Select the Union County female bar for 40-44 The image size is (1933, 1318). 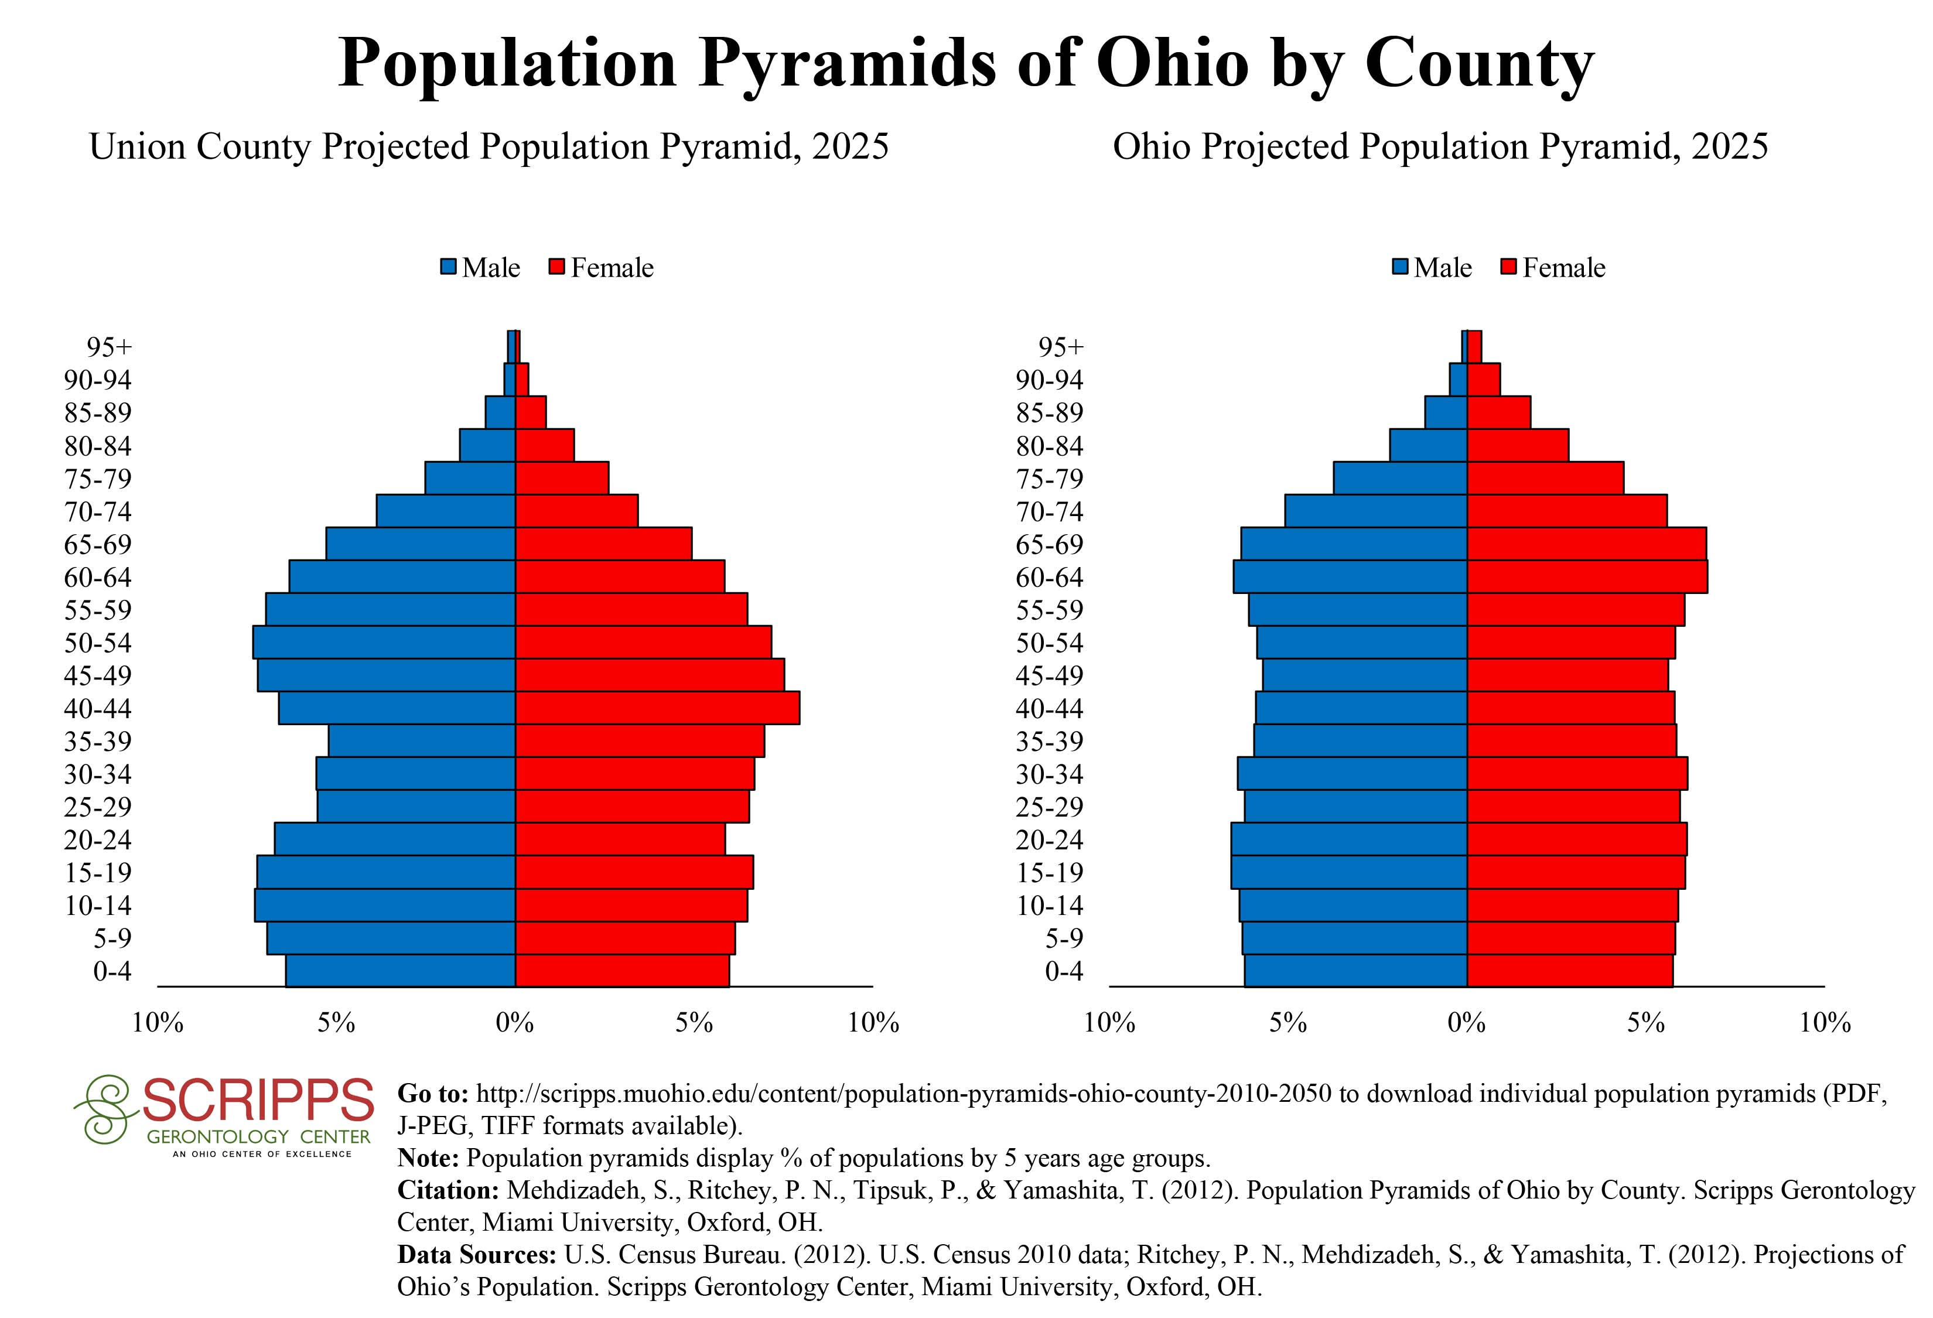[657, 708]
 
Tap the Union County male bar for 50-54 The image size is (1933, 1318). [384, 642]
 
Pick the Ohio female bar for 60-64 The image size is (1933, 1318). [1587, 576]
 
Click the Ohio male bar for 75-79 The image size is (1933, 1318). [1400, 478]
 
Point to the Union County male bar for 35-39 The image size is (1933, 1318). [422, 740]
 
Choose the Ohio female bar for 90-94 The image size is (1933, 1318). [1483, 379]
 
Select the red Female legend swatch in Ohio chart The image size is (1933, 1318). [1509, 267]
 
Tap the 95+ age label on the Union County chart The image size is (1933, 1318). [109, 347]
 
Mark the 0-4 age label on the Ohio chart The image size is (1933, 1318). [1064, 971]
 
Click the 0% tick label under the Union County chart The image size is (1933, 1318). [515, 1022]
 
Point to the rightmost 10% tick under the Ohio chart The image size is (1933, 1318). [1825, 1022]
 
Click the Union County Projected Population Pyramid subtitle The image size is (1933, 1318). [489, 146]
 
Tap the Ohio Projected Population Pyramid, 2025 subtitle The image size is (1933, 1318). [1440, 146]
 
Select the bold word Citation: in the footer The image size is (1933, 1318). [448, 1190]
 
